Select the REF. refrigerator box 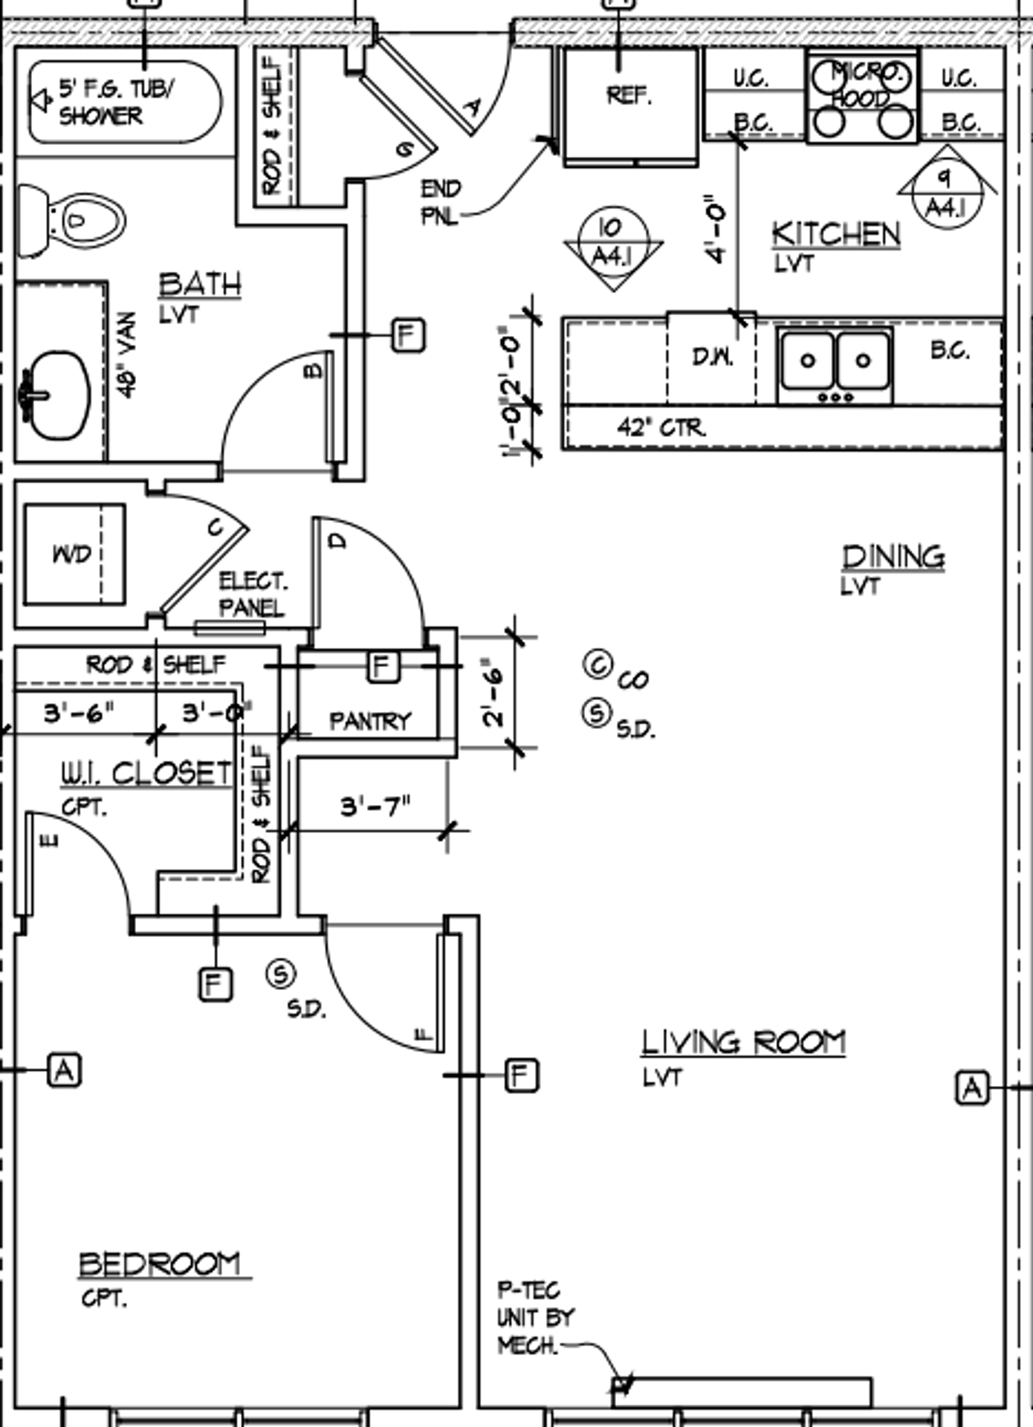(629, 104)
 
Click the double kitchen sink (835, 362)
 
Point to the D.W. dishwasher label (713, 357)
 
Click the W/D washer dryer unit (73, 554)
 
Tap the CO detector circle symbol (598, 665)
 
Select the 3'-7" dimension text (375, 806)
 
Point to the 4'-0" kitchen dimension (715, 229)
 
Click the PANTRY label (369, 721)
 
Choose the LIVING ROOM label (743, 1042)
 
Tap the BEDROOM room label (160, 1263)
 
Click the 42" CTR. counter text (661, 428)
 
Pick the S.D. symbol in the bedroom (281, 974)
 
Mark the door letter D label (338, 541)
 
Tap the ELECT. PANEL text (252, 594)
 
